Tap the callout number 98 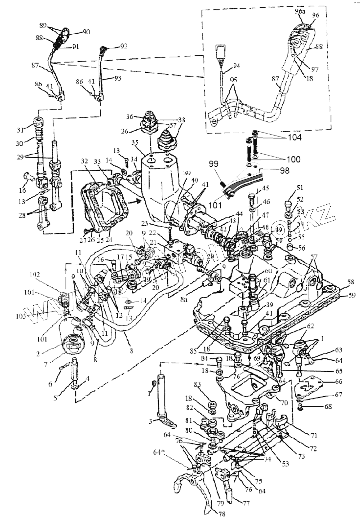[284, 170]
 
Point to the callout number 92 [124, 47]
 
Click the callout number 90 [87, 32]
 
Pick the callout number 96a [300, 12]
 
